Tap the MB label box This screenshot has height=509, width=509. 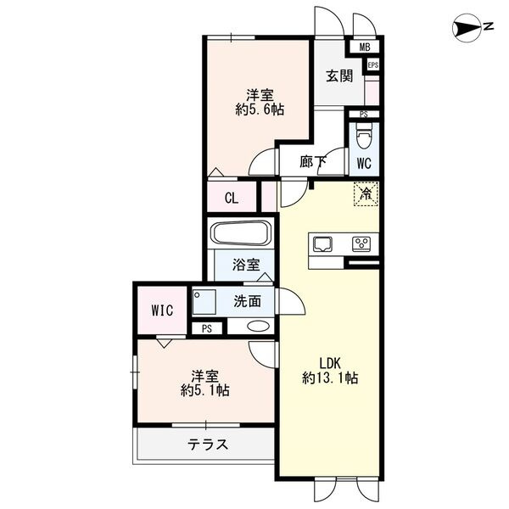(365, 48)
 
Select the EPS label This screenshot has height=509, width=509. (373, 64)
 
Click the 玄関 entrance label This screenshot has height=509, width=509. (339, 76)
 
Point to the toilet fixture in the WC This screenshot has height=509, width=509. (364, 136)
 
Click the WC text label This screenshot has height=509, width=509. (363, 162)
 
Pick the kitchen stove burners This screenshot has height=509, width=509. (361, 244)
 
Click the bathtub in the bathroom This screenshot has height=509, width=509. (240, 234)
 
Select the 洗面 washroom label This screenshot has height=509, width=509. (247, 299)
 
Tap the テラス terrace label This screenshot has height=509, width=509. (208, 444)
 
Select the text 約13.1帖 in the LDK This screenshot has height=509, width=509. (331, 378)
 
